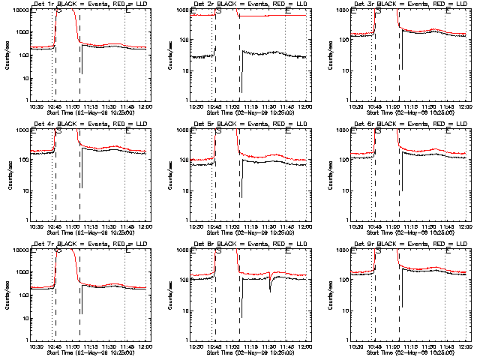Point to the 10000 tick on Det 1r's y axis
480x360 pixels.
pyautogui.click(x=19, y=10)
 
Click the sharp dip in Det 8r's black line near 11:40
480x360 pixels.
pyautogui.click(x=270, y=287)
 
